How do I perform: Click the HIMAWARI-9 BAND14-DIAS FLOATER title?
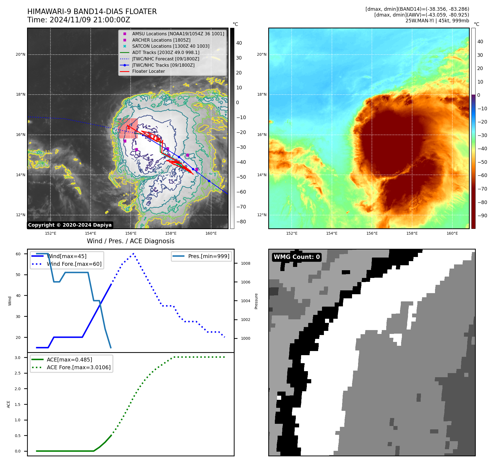(x=92, y=12)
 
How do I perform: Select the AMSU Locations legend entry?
(x=178, y=34)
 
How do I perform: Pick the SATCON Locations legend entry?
(x=170, y=46)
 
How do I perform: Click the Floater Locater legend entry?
(x=148, y=71)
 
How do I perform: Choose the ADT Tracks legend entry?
(x=165, y=52)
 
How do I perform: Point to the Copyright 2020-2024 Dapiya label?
(x=70, y=225)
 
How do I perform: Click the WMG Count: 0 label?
(x=297, y=257)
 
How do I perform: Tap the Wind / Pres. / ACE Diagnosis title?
(x=130, y=241)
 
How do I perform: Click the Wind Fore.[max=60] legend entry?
(x=74, y=264)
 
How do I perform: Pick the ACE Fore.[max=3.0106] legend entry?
(x=79, y=367)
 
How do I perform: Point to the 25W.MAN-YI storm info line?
(x=437, y=21)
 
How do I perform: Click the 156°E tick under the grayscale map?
(x=131, y=233)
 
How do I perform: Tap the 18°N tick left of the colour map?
(x=262, y=95)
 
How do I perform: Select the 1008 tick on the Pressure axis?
(x=245, y=263)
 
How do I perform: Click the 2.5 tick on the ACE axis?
(x=18, y=373)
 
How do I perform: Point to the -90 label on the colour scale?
(x=482, y=216)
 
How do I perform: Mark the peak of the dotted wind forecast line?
(x=133, y=253)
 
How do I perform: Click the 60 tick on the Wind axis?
(x=18, y=254)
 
